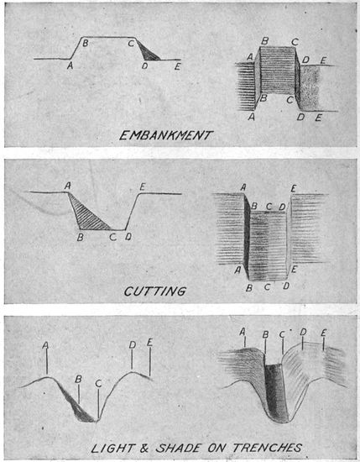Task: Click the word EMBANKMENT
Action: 165,135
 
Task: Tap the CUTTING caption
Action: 155,291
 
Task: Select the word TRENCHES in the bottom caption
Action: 268,449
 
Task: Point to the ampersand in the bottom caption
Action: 144,449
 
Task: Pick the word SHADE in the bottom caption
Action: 178,449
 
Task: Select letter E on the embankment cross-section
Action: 177,67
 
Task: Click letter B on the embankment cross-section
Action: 86,44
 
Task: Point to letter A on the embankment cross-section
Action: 70,66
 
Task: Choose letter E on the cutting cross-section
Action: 143,186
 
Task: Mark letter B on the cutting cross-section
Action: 80,237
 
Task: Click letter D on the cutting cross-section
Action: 128,236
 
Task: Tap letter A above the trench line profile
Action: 45,345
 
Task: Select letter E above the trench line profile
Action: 150,343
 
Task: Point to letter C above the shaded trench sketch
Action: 282,334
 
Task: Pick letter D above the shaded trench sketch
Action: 303,333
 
